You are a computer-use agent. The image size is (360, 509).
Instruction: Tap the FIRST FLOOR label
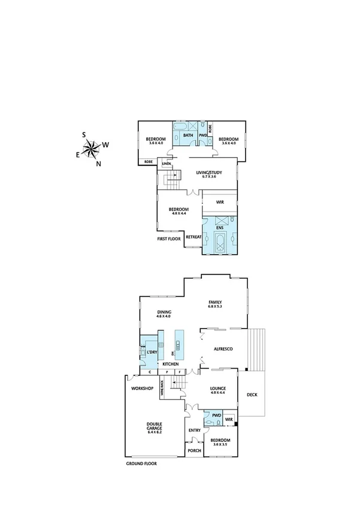click(169, 238)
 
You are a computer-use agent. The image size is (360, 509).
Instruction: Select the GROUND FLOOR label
click(141, 463)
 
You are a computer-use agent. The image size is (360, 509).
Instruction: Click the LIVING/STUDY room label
click(209, 173)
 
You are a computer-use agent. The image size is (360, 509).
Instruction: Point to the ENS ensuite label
click(220, 228)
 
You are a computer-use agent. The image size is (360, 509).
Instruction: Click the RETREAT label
click(193, 237)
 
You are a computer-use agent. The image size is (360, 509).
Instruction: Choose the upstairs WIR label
click(220, 203)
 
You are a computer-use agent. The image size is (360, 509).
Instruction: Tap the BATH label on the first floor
click(188, 135)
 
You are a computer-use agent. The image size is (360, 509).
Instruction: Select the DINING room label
click(165, 312)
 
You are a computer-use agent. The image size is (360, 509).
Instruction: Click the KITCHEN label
click(171, 364)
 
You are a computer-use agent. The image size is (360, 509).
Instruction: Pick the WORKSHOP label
click(142, 388)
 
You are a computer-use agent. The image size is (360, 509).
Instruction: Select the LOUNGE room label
click(217, 389)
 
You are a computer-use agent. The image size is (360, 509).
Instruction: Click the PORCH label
click(194, 451)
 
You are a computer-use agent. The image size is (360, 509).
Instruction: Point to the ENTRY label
click(194, 430)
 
